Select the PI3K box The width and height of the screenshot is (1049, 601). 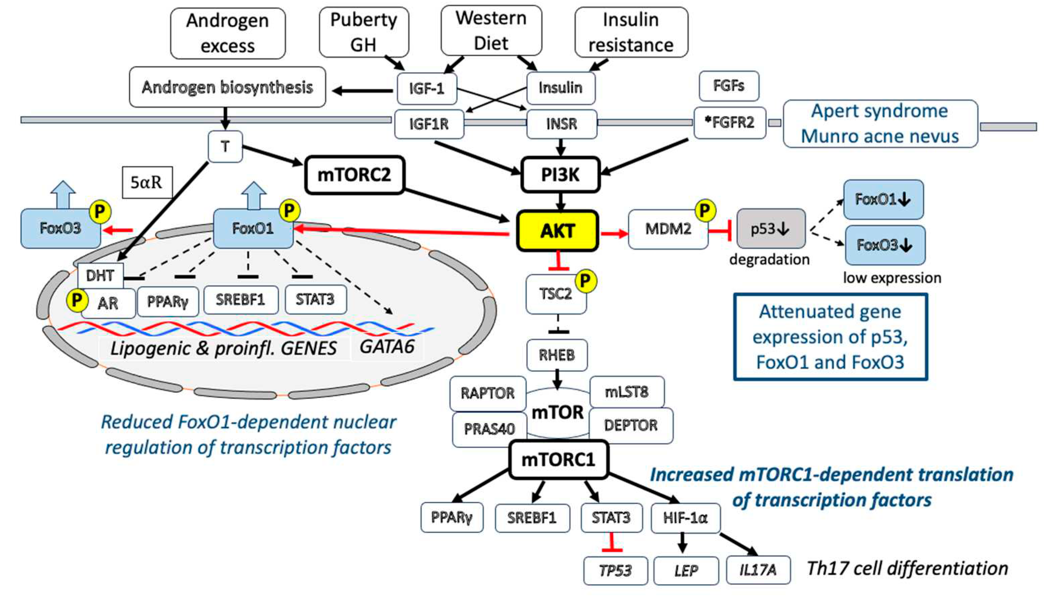[560, 175]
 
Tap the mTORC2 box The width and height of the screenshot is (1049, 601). [354, 175]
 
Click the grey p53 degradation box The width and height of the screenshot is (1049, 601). [770, 229]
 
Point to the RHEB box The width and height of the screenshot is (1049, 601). [557, 355]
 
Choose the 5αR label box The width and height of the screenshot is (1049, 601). [147, 182]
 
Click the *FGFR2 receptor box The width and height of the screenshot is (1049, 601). [729, 123]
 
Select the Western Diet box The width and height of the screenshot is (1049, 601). [491, 31]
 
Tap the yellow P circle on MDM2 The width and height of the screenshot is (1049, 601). [705, 211]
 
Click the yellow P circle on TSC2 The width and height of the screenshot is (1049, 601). [586, 281]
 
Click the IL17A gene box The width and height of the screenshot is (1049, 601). [758, 570]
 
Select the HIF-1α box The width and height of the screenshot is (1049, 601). [685, 518]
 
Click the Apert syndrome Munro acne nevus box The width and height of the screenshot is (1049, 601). [880, 123]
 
